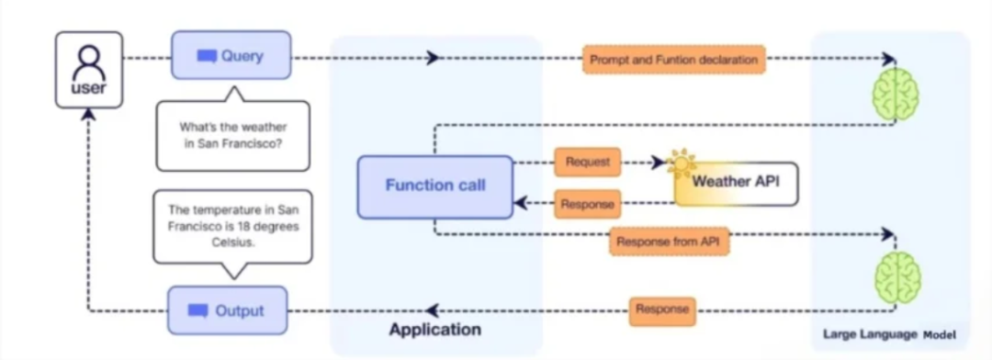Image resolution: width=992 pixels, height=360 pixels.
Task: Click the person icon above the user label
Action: (x=88, y=62)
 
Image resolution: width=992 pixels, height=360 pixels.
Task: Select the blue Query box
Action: (x=231, y=56)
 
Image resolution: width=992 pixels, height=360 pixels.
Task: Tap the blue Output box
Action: (x=227, y=310)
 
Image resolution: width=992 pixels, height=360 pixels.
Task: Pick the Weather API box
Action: (x=736, y=182)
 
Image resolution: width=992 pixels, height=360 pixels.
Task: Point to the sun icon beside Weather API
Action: (x=682, y=163)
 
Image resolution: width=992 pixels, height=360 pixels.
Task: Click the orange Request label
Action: (x=587, y=162)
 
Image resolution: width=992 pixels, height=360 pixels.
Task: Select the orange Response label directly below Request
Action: (x=587, y=204)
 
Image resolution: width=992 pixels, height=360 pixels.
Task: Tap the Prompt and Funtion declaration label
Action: (x=674, y=60)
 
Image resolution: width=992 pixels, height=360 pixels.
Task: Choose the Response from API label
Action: (x=669, y=242)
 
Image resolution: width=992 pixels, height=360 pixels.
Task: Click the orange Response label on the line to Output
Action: (x=662, y=309)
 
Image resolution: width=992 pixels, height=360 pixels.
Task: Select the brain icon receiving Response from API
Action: (x=896, y=278)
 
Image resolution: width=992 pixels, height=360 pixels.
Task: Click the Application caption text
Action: (x=434, y=330)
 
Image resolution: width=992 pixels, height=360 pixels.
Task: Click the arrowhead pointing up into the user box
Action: (x=88, y=114)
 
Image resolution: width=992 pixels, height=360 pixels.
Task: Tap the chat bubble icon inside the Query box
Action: (x=207, y=56)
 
